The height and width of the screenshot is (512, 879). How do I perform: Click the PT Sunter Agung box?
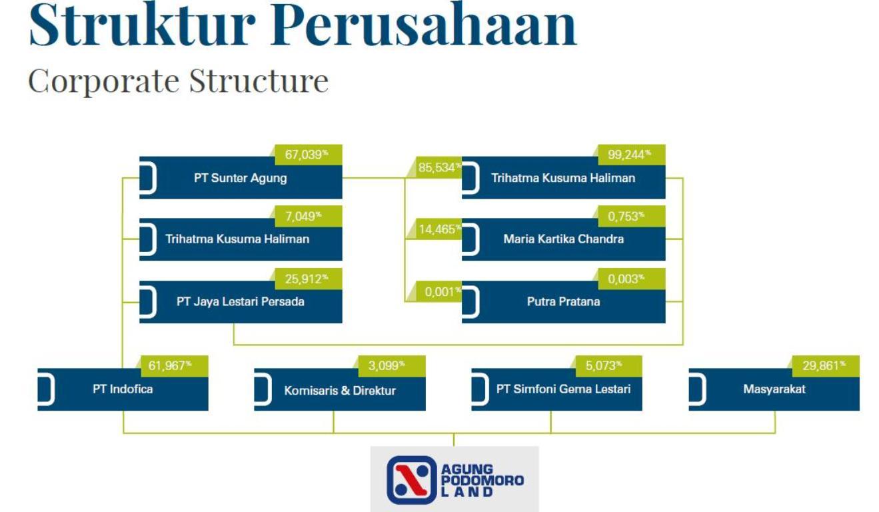(241, 179)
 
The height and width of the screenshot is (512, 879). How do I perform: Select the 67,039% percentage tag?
(307, 155)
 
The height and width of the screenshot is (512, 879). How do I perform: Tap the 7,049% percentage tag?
(307, 216)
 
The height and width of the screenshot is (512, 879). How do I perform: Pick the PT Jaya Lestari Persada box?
(241, 302)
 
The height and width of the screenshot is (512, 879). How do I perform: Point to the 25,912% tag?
(307, 279)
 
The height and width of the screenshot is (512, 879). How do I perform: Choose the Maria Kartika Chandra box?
(563, 239)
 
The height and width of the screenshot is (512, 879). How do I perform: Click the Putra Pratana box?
(563, 302)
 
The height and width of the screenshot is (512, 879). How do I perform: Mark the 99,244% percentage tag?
(630, 155)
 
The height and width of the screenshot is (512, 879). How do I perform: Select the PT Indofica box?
(123, 389)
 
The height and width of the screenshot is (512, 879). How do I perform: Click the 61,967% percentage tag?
(174, 365)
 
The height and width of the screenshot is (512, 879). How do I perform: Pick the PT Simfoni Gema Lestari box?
(563, 389)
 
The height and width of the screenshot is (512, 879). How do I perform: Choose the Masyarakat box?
(774, 389)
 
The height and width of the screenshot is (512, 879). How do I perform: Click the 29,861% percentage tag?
(824, 365)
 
